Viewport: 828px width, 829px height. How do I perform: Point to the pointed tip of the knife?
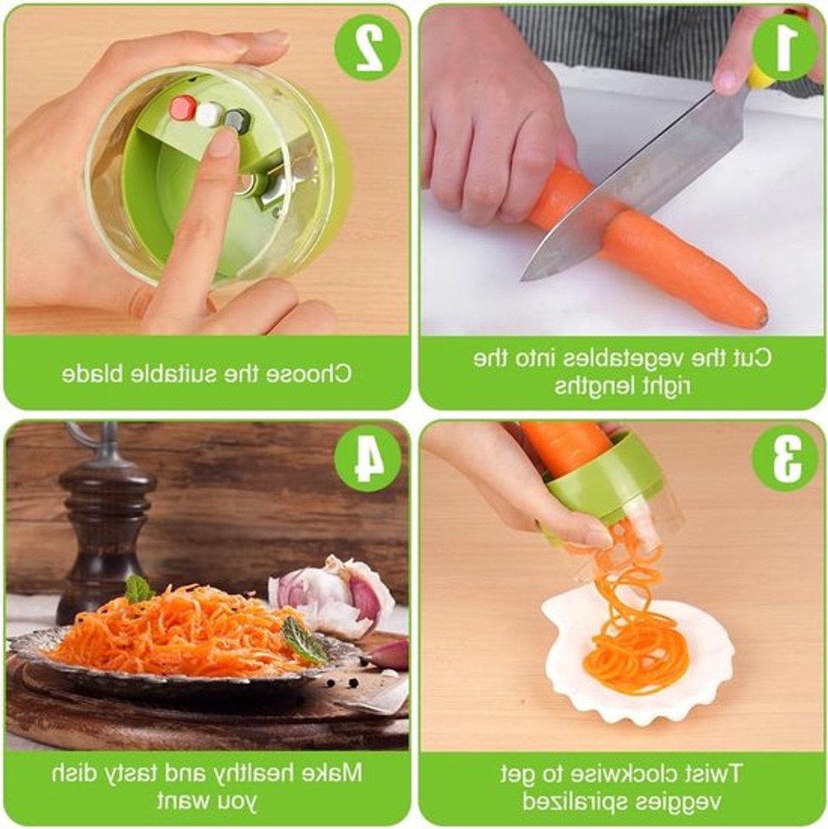coord(521,280)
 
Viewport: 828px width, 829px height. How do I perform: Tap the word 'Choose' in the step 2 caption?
coord(307,374)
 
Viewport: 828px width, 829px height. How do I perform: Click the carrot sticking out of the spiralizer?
coord(569,448)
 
